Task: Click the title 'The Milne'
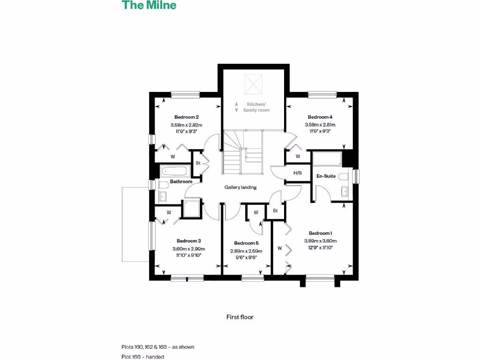(149, 6)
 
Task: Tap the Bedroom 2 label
(187, 117)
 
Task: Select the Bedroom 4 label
(320, 117)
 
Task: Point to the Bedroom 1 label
(321, 233)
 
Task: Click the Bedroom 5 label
(246, 243)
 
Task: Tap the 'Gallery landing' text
(240, 187)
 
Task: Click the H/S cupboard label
(297, 173)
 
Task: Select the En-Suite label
(326, 176)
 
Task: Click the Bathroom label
(181, 181)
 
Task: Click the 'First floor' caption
(240, 317)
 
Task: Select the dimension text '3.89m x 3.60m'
(321, 241)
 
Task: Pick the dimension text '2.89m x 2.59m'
(246, 251)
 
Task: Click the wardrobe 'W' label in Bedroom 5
(256, 212)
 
